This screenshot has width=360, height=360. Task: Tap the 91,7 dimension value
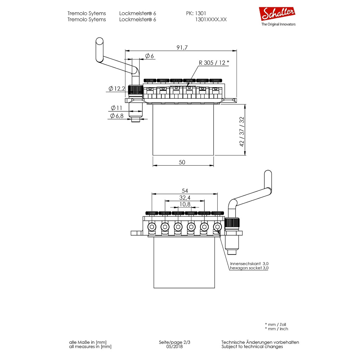182,47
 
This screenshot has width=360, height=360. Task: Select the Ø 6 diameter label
149,56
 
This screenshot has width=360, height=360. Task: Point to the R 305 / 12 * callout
214,63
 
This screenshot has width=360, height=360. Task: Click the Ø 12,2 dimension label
117,88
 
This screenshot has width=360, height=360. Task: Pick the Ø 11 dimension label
116,108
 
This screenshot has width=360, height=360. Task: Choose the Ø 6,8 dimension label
117,116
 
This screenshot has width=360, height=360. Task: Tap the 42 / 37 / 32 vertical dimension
242,132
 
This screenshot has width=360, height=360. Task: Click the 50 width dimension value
182,162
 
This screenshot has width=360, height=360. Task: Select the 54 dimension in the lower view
185,191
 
